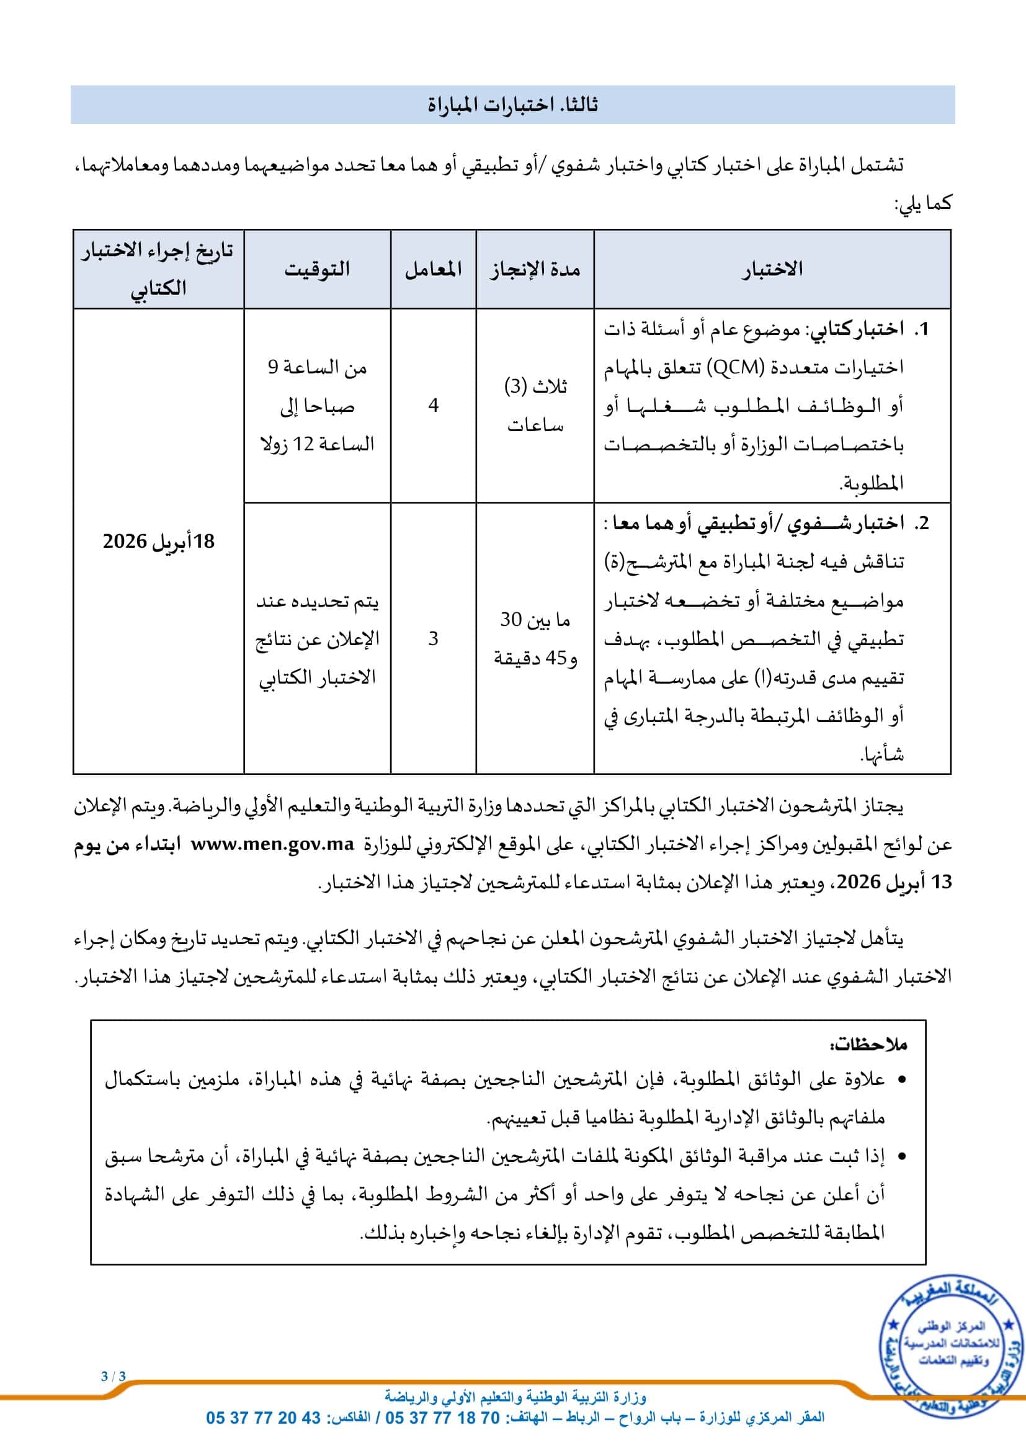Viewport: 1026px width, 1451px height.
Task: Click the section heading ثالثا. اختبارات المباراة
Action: (x=512, y=105)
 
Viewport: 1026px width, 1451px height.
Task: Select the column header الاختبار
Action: (x=772, y=269)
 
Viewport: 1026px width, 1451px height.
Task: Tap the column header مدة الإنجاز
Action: (x=535, y=269)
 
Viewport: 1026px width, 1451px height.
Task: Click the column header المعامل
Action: (x=434, y=269)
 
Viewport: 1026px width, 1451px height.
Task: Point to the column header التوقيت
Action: (x=317, y=269)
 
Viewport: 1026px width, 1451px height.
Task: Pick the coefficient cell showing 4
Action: (x=434, y=405)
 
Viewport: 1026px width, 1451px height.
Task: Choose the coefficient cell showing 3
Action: (x=434, y=638)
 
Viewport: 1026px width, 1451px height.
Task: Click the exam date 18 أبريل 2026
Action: (x=159, y=542)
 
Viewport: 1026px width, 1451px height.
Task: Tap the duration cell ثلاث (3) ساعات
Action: (x=535, y=405)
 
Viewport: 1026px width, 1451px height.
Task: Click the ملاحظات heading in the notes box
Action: (x=868, y=1044)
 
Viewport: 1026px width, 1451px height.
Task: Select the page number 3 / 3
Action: (x=114, y=1377)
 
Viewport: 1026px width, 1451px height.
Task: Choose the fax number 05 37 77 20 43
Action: (x=264, y=1418)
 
